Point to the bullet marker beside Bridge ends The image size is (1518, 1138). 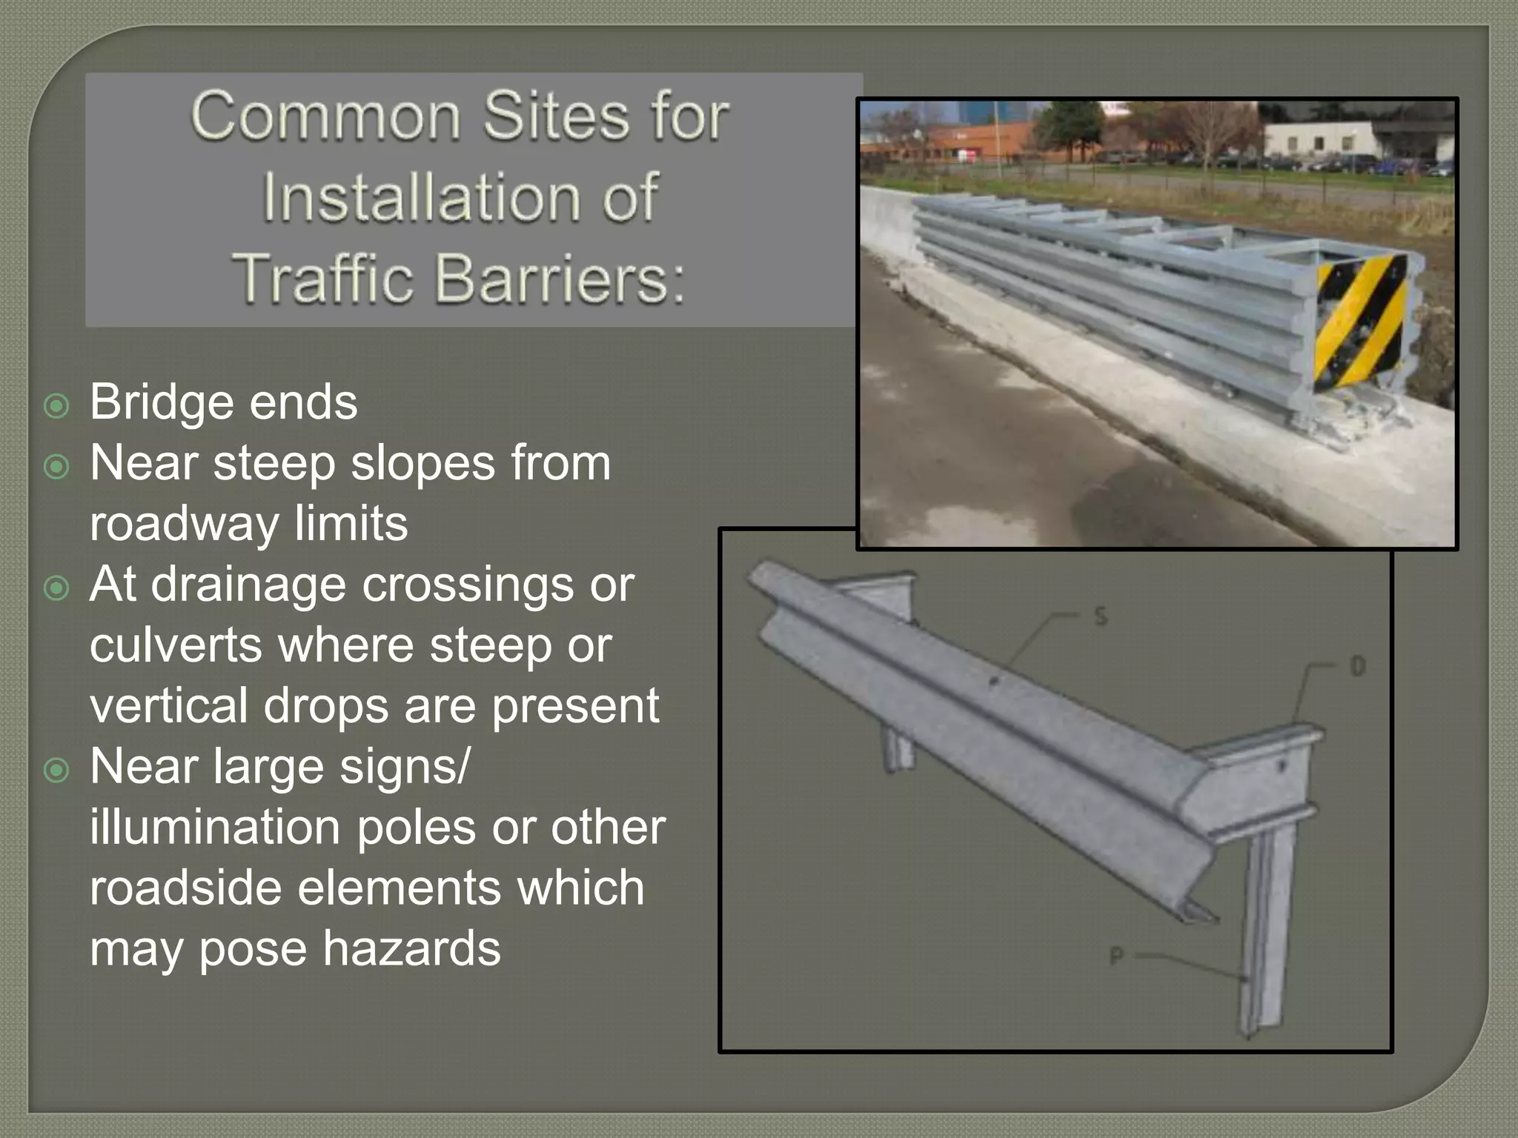[57, 406]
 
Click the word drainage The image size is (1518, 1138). [249, 585]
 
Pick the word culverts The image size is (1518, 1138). [176, 645]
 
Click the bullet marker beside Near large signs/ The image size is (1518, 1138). [57, 771]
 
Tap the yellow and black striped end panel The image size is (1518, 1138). [1359, 322]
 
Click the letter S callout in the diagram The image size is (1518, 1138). [1101, 616]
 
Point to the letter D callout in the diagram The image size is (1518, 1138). [1357, 667]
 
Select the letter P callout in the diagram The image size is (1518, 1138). [1117, 956]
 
